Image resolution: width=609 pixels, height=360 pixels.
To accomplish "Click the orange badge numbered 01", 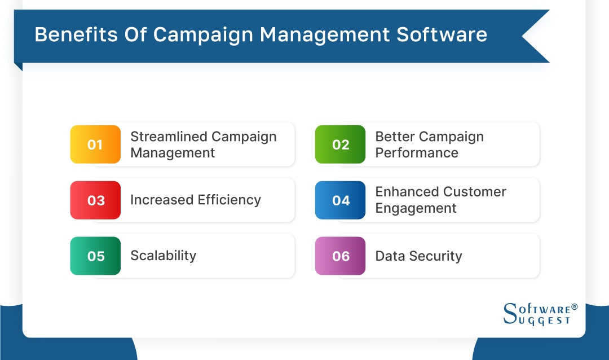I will [x=95, y=144].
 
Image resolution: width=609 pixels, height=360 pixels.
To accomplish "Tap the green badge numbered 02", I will [x=340, y=144].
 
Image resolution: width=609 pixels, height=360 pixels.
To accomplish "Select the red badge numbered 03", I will [x=95, y=200].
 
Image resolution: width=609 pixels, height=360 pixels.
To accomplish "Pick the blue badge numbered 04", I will [x=340, y=200].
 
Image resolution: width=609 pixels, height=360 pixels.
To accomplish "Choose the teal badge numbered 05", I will [x=95, y=256].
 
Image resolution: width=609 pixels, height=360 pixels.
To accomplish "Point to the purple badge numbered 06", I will [x=340, y=256].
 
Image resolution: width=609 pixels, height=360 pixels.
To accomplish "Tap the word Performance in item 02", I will [x=417, y=153].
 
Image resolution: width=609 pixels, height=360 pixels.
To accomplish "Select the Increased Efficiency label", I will [x=195, y=200].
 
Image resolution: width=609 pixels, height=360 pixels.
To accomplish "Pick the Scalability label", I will [x=163, y=256].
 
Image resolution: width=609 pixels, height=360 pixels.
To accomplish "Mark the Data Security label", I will [x=418, y=256].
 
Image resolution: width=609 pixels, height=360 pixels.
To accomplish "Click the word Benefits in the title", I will [x=73, y=35].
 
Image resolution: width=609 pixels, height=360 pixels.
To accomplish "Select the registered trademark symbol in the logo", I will [x=574, y=307].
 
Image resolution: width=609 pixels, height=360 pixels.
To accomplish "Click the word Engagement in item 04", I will [x=416, y=208].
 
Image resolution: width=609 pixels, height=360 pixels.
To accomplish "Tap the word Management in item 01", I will [x=173, y=153].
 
